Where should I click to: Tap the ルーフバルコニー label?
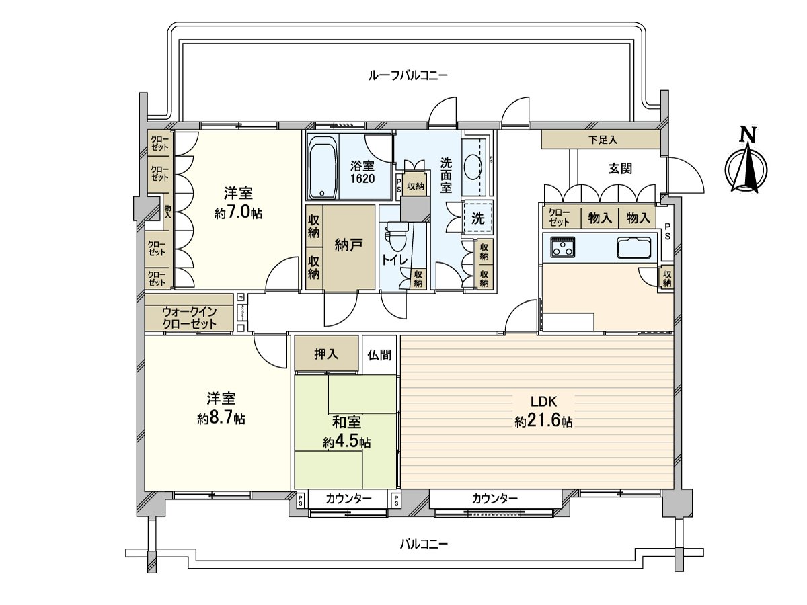(408, 75)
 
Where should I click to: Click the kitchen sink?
(634, 248)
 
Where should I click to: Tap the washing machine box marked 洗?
(477, 218)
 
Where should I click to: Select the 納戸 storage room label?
(349, 245)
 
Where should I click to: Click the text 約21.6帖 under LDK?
(543, 422)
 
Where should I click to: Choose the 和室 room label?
(346, 423)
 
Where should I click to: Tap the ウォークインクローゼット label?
(189, 317)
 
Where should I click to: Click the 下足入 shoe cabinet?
(601, 140)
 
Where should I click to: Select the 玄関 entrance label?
(620, 169)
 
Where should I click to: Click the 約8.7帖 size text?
(221, 418)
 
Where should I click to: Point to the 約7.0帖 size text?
(237, 213)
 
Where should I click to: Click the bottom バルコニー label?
(424, 544)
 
